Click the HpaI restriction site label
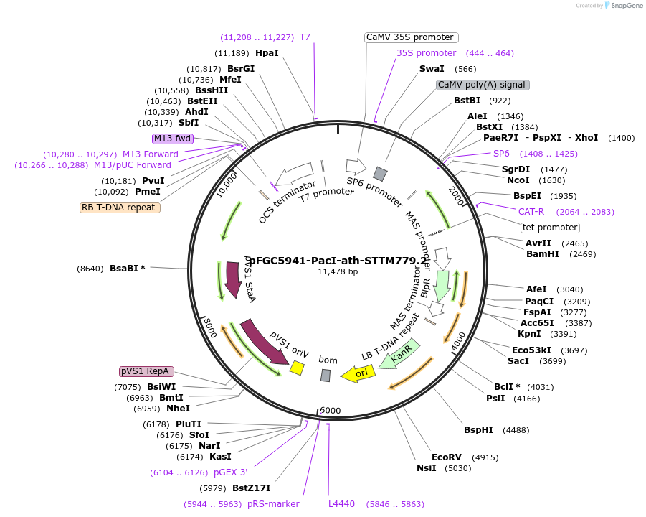267,53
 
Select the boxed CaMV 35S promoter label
411,37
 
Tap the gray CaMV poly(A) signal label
483,85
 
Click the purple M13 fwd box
172,138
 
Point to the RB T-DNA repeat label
120,208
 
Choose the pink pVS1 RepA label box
146,371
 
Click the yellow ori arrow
358,373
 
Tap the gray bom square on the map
326,375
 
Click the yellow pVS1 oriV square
296,368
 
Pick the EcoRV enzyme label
445,457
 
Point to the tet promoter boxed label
550,228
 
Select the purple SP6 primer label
501,154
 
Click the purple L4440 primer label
342,504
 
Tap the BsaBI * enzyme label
127,269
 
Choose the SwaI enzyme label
432,69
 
